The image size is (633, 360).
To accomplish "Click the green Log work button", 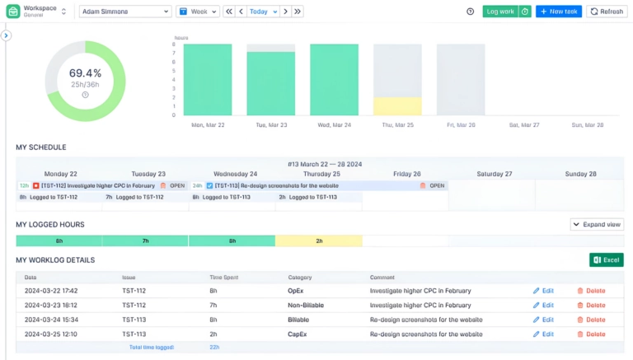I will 499,12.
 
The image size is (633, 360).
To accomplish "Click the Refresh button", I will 607,12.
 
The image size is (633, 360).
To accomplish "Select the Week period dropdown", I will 198,12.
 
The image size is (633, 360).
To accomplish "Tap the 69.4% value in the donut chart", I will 85,73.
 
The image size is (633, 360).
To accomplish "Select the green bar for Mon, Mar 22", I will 207,80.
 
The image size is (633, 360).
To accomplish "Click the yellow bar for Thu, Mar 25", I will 397,106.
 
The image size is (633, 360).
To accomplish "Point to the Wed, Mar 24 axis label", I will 334,125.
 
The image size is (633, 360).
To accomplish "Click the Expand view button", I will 598,224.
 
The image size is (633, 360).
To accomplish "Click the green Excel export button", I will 606,260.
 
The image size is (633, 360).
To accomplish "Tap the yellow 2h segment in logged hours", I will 318,241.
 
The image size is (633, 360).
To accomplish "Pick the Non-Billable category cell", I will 306,305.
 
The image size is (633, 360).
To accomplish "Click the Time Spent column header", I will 224,278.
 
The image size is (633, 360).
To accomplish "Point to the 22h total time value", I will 216,348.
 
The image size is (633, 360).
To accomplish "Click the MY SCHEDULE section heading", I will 41,147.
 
